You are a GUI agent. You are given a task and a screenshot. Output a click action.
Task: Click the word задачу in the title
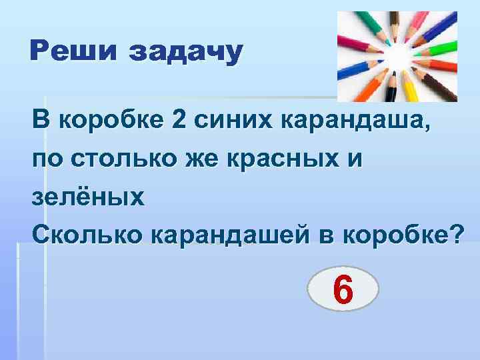click(x=186, y=53)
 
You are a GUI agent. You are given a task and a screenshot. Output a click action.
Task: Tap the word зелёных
click(x=87, y=197)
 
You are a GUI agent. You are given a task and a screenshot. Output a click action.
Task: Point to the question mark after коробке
click(x=454, y=235)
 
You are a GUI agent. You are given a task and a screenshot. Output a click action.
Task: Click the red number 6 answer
click(x=343, y=291)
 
